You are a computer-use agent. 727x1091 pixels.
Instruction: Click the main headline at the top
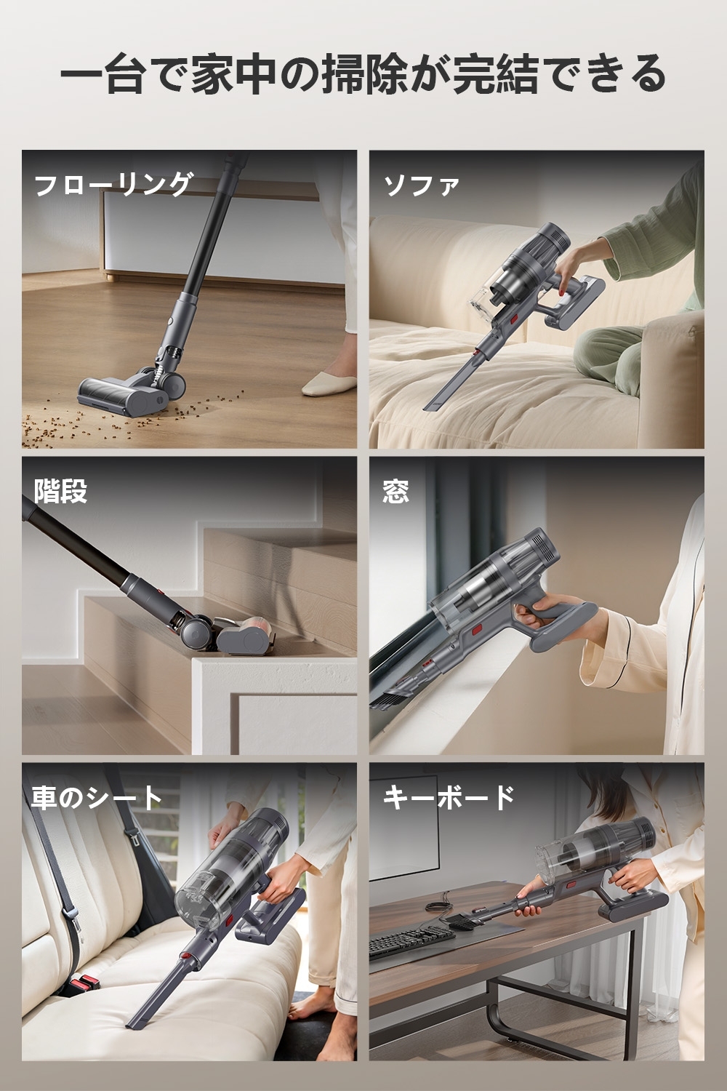tap(363, 75)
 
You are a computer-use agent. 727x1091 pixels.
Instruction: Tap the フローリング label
tap(113, 185)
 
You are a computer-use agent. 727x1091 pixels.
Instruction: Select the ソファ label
tap(422, 185)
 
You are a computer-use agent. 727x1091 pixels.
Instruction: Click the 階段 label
tap(60, 491)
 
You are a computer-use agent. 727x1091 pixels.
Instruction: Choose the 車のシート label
tap(96, 798)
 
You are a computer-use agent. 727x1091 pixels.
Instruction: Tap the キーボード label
tap(449, 798)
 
